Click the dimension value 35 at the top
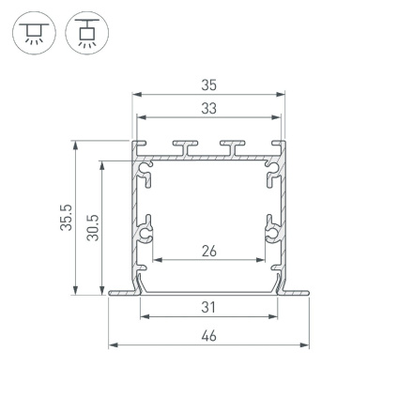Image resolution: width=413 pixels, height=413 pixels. tap(208, 85)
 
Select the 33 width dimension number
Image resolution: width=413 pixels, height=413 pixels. tap(208, 108)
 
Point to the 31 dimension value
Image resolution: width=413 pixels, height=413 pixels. tap(208, 307)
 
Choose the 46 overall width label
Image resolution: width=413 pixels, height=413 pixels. tap(208, 335)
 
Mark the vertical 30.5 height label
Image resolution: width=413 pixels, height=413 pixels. tap(92, 225)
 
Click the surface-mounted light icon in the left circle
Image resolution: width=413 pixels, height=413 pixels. tap(29, 33)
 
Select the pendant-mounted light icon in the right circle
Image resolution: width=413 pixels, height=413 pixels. tap(88, 33)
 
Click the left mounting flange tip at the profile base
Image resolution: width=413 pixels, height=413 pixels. tap(114, 294)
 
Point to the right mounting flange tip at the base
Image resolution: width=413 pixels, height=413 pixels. tap(305, 294)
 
